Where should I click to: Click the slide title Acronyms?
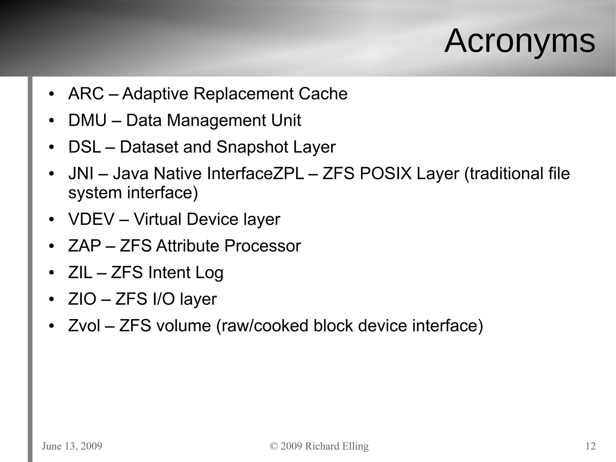point(519,41)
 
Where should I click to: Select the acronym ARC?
point(86,94)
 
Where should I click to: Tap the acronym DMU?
point(87,120)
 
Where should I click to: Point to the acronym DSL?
point(85,147)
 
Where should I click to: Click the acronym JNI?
point(81,174)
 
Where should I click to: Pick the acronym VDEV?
point(91,219)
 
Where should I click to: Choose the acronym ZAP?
point(85,246)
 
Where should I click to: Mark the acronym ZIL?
point(80,273)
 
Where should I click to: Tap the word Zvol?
point(84,326)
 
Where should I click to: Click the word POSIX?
point(385,174)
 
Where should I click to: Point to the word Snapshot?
point(252,147)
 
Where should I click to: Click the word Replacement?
point(243,94)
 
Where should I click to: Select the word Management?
point(216,120)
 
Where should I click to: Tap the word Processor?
point(262,246)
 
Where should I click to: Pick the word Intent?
point(169,273)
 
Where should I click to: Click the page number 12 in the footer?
point(590,446)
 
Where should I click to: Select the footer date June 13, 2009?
point(72,446)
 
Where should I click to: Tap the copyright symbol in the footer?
point(274,446)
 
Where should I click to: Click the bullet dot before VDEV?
point(51,220)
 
